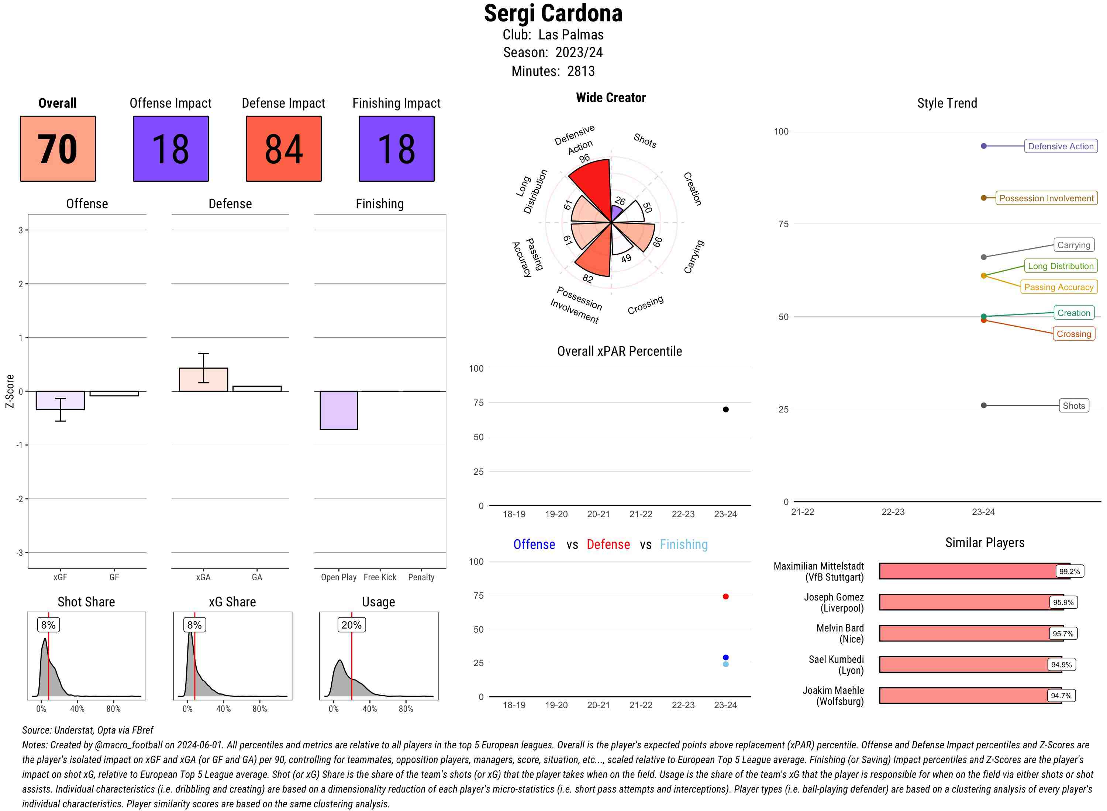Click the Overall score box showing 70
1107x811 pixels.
(x=58, y=149)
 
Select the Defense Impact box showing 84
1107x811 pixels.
(x=283, y=149)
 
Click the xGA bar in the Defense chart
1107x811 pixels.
(x=203, y=379)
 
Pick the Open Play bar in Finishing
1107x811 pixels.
(x=338, y=410)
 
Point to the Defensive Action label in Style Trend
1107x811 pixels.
(x=1061, y=146)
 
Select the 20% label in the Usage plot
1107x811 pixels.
(x=351, y=625)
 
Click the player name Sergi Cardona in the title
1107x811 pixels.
(x=553, y=14)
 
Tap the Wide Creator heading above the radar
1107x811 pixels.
(x=611, y=98)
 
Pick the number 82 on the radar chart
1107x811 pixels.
(x=588, y=279)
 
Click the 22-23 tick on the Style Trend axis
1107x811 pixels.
(x=892, y=512)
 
